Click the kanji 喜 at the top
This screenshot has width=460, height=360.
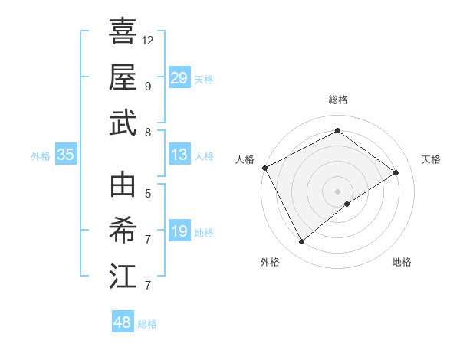[x=123, y=32]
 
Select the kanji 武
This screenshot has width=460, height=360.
[x=123, y=123]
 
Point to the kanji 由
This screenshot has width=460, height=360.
[x=123, y=185]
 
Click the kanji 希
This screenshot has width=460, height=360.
[x=123, y=231]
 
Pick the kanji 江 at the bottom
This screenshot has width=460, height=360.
[x=123, y=276]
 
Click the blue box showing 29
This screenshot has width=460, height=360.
[x=179, y=78]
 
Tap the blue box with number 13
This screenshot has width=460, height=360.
[x=179, y=155]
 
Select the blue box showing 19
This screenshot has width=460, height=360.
[x=179, y=232]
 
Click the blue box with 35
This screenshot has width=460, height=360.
[x=65, y=155]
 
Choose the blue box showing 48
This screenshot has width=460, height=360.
[x=123, y=322]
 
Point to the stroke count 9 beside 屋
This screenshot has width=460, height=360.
[x=147, y=86]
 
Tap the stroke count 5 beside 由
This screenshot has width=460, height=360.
[x=147, y=193]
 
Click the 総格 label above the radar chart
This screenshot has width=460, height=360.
[x=337, y=100]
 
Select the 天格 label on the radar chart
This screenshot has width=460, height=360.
[x=431, y=159]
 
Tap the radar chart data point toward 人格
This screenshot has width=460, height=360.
[x=264, y=168]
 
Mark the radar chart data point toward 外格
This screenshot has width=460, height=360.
[x=301, y=242]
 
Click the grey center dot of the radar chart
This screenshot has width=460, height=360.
[x=337, y=191]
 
